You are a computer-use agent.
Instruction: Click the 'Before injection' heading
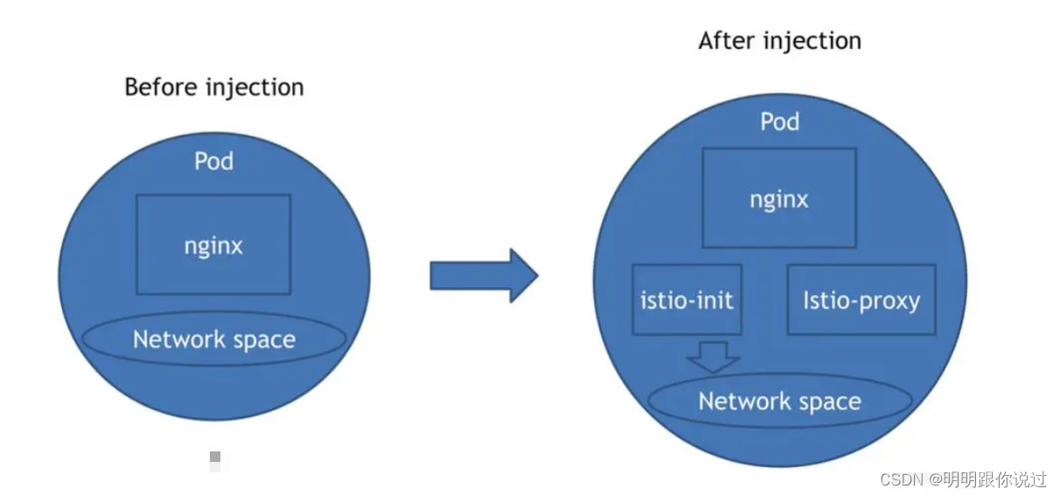coord(214,87)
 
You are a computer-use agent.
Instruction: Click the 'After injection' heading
coord(780,41)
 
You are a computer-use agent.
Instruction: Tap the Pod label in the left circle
coord(214,161)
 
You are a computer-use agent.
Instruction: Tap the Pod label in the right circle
coord(780,122)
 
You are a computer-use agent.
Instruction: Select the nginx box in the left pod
coord(213,244)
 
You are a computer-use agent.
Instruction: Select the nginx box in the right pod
coord(779,198)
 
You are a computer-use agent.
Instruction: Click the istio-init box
coord(687,299)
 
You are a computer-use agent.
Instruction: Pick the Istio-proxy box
coord(861,299)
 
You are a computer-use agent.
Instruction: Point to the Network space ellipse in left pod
coord(214,339)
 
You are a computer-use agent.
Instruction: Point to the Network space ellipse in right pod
coord(780,401)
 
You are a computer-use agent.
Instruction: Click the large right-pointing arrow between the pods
coord(485,276)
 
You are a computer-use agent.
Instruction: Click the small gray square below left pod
coord(215,457)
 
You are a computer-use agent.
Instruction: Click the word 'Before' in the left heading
coord(161,87)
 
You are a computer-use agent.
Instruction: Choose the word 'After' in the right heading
coord(727,41)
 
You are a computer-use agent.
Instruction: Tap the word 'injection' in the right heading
coord(812,42)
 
